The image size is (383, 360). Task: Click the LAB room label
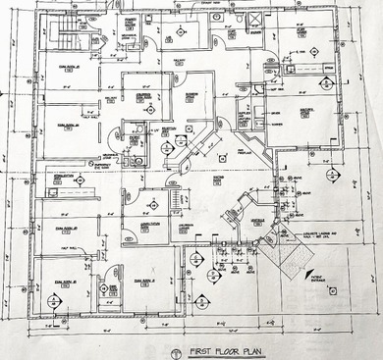tap(169, 36)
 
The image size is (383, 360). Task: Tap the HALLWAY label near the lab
tap(181, 61)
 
